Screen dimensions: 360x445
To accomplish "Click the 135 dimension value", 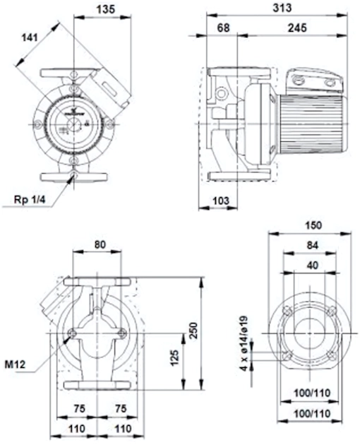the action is click(106, 9).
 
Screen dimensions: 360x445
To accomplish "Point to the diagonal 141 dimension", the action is click(30, 37).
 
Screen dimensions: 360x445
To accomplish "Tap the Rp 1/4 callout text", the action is click(30, 200).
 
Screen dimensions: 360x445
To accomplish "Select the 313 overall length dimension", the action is click(282, 8).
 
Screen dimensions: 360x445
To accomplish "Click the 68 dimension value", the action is click(223, 28).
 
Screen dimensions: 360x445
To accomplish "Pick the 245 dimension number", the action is click(297, 28).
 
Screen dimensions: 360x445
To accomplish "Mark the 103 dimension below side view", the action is click(220, 201).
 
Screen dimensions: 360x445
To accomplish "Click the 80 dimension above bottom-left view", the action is click(100, 244).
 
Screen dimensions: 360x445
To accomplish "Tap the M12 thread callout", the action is click(15, 364).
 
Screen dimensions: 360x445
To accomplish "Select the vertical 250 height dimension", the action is click(193, 330).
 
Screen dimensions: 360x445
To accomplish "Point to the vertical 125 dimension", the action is click(175, 358).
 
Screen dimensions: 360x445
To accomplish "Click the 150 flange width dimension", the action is click(313, 225).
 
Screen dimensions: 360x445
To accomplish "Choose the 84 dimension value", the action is click(312, 245).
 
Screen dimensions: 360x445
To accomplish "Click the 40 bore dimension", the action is click(312, 266).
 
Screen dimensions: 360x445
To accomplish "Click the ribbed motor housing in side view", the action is click(313, 124).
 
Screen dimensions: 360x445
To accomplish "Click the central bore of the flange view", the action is click(309, 333).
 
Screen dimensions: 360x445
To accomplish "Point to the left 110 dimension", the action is click(77, 428).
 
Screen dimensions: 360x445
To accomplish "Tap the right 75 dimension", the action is click(121, 408).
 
